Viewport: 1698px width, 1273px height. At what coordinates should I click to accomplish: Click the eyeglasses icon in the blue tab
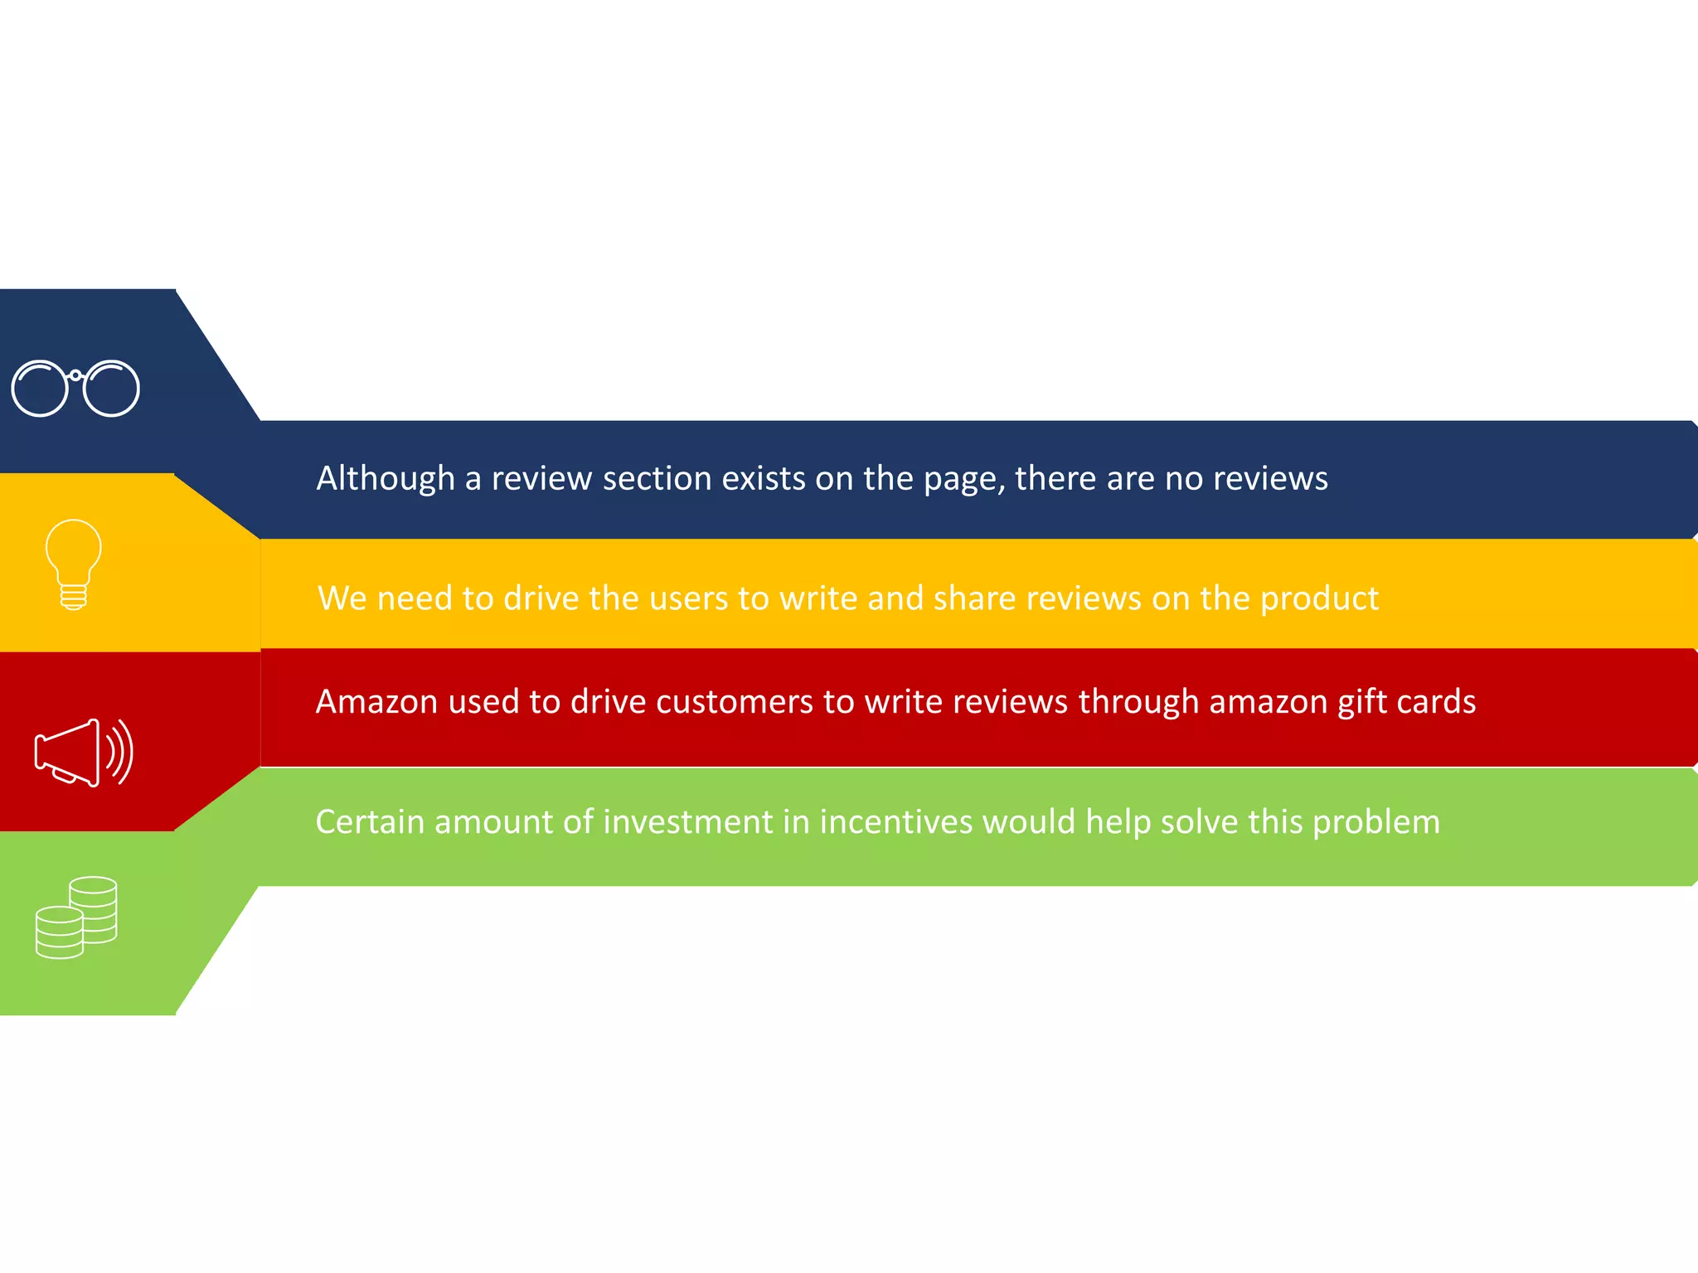(75, 388)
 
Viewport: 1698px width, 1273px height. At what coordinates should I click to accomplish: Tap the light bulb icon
(74, 564)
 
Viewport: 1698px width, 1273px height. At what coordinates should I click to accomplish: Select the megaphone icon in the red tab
(83, 753)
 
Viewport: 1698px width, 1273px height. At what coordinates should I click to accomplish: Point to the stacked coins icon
(76, 917)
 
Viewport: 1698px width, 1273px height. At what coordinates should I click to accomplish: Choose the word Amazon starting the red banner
(376, 702)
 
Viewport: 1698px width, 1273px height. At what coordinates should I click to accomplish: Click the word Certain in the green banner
(370, 822)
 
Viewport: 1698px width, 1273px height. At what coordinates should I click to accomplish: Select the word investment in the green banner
(688, 822)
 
